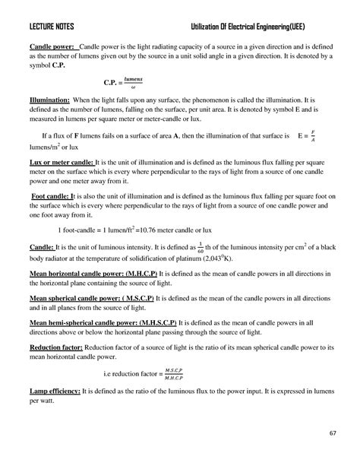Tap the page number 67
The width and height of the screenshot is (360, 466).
pos(332,433)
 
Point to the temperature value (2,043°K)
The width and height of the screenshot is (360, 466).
pos(242,258)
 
